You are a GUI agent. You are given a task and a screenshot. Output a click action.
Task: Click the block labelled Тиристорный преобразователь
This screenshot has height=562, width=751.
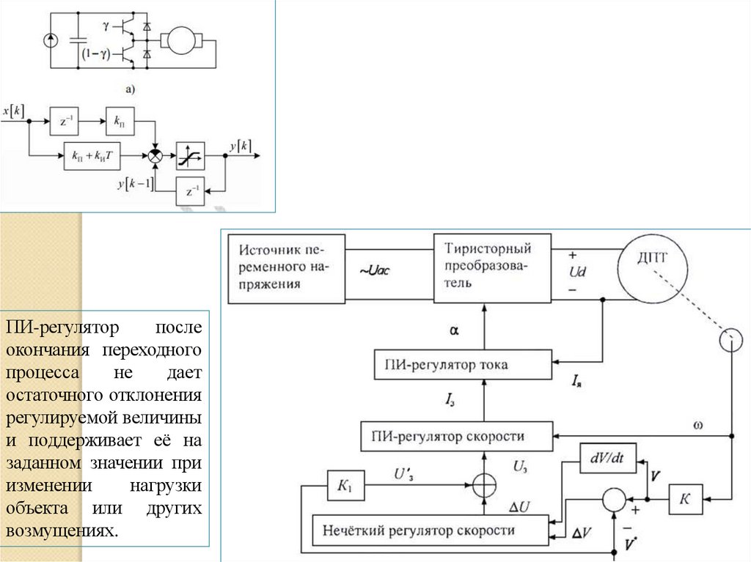pyautogui.click(x=491, y=268)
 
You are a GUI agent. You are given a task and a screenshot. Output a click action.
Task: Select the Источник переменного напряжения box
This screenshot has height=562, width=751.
pyautogui.click(x=287, y=268)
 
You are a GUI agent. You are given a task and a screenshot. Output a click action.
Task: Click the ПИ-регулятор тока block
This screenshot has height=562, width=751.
pyautogui.click(x=461, y=364)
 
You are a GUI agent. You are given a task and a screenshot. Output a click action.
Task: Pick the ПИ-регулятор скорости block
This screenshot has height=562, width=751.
pyautogui.click(x=455, y=437)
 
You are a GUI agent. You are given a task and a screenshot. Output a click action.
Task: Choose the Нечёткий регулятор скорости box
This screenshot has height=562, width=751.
pyautogui.click(x=431, y=530)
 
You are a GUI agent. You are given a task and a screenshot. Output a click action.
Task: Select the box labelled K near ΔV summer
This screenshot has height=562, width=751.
pyautogui.click(x=685, y=498)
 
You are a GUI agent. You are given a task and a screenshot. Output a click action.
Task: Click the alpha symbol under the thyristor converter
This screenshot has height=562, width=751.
pyautogui.click(x=454, y=330)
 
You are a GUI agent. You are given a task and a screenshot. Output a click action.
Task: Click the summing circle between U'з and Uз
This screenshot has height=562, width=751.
pyautogui.click(x=483, y=484)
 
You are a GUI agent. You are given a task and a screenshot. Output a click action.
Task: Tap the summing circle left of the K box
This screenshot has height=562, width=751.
pyautogui.click(x=613, y=498)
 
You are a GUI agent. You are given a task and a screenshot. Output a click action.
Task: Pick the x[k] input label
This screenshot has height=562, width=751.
pyautogui.click(x=14, y=111)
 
